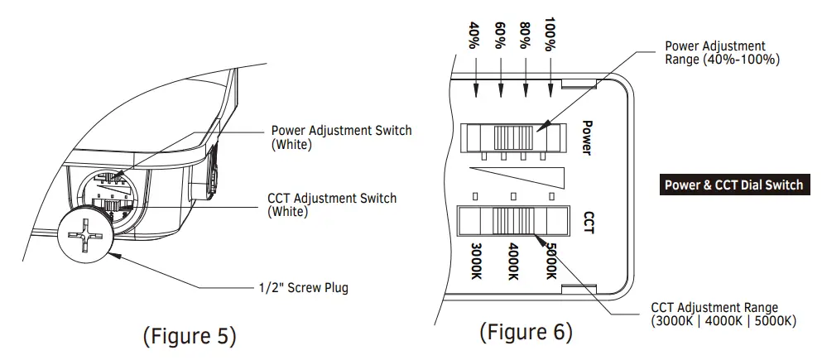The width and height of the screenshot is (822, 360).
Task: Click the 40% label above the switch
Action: tap(475, 35)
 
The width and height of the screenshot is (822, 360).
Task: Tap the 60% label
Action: tap(501, 35)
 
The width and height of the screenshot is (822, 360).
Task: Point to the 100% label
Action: tap(550, 35)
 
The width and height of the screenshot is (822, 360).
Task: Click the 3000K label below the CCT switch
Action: tap(476, 261)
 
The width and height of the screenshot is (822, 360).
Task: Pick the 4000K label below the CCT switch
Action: tap(514, 261)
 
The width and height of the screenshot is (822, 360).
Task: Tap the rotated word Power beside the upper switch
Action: tap(588, 138)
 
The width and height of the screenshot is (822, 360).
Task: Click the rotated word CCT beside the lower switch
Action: tap(589, 223)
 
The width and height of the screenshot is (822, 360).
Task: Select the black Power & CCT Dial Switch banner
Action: tap(734, 185)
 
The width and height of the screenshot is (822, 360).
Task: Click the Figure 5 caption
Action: tap(190, 335)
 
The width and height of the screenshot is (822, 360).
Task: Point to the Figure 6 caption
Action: tap(526, 332)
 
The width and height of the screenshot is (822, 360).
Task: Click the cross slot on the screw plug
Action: tap(84, 234)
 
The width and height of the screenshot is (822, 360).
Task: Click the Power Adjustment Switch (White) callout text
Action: tap(341, 137)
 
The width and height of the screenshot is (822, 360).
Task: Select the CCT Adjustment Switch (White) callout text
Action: tap(333, 205)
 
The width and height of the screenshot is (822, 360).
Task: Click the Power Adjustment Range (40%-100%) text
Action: tap(723, 53)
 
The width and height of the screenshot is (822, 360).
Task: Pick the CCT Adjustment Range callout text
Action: tap(723, 314)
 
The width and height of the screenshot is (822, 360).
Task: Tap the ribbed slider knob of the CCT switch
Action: tap(514, 221)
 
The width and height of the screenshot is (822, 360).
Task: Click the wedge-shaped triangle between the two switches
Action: tap(518, 177)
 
